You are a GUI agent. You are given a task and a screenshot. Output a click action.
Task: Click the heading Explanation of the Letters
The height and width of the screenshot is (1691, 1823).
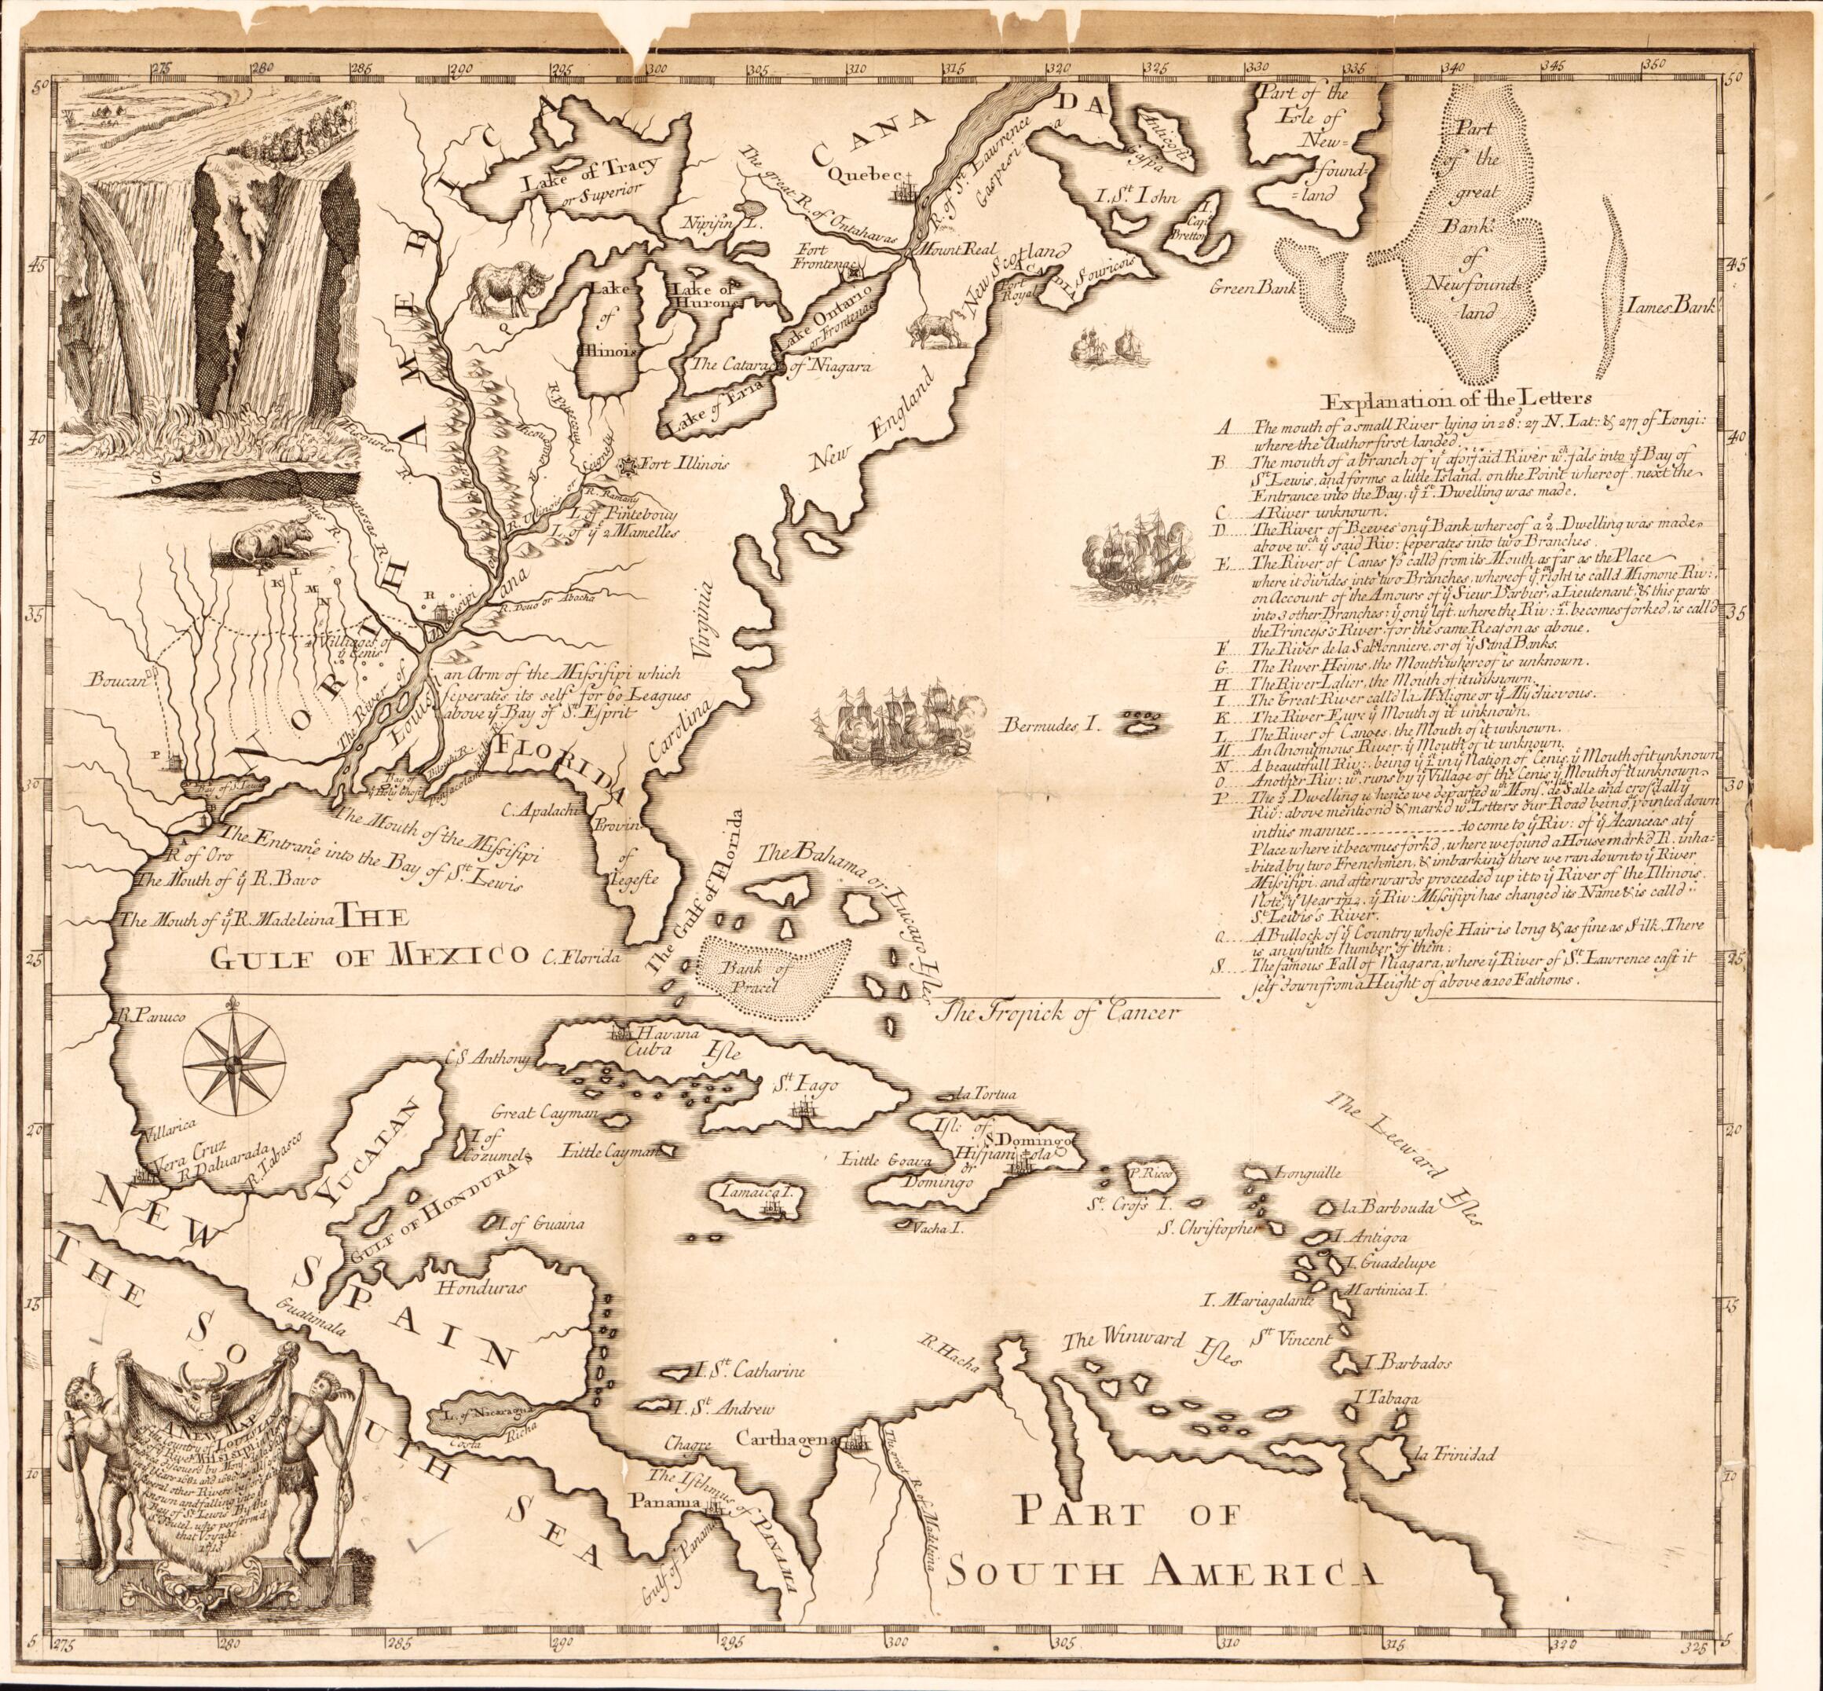1458,400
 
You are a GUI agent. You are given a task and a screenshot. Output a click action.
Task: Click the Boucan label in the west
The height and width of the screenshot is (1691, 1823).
116,680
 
